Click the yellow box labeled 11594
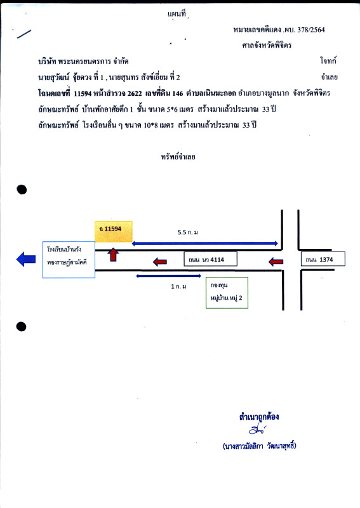[114, 231]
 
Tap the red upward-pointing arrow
[113, 255]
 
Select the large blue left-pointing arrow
[26, 259]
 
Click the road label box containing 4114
[210, 259]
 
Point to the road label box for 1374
[323, 259]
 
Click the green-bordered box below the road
[227, 292]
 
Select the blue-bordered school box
[69, 260]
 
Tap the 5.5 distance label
[187, 232]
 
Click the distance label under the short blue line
[178, 286]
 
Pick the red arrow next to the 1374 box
[276, 262]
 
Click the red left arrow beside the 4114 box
[160, 262]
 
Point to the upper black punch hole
[22, 189]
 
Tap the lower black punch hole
[22, 326]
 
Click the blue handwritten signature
[258, 429]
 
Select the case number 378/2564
[311, 30]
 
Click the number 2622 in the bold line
[135, 93]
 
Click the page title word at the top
[177, 13]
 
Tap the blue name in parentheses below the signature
[260, 446]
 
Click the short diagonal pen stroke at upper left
[24, 34]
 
